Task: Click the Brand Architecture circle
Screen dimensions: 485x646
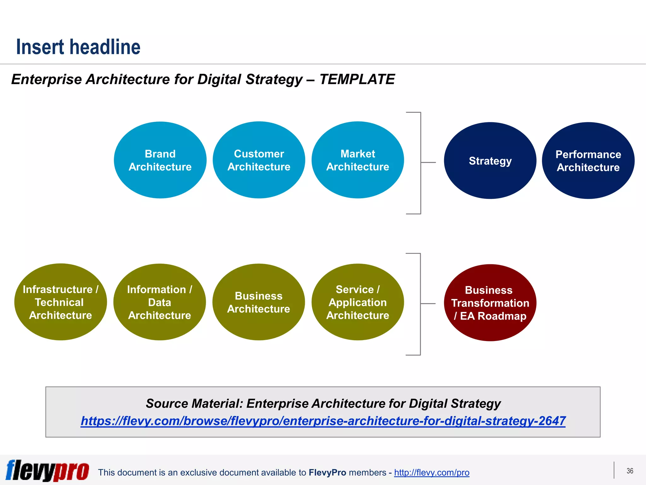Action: click(160, 160)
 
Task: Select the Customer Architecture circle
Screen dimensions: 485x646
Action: click(259, 160)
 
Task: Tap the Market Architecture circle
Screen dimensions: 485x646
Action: click(357, 160)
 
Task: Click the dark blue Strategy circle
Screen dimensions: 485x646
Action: click(490, 161)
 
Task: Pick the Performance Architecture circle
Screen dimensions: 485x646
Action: click(588, 161)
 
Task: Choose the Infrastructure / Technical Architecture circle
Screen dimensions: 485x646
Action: click(61, 302)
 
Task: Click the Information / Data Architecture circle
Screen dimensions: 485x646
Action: click(160, 302)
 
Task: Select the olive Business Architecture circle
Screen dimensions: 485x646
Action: click(259, 302)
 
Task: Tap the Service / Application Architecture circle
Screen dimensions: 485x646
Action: click(357, 302)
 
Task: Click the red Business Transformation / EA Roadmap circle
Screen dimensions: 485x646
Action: click(490, 303)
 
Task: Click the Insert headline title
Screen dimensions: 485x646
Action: click(78, 47)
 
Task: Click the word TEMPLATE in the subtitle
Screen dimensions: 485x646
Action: click(357, 79)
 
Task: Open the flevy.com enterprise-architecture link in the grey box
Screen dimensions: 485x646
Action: click(323, 421)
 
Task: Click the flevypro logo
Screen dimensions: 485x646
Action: click(47, 470)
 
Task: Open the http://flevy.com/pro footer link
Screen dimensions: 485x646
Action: click(432, 473)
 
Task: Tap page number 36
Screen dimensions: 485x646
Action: click(630, 471)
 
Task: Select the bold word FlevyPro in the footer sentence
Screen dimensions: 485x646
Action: click(327, 473)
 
